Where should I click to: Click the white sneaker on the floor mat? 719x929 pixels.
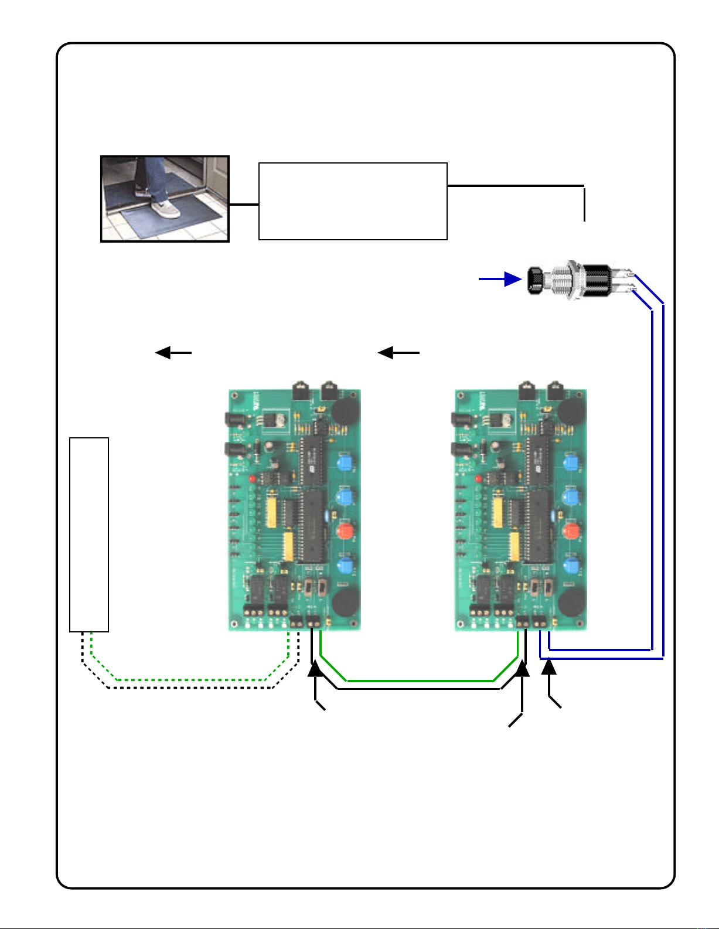166,208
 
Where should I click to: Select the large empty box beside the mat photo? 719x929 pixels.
353,201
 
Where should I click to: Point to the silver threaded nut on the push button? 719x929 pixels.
566,281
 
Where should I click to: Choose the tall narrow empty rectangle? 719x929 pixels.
89,534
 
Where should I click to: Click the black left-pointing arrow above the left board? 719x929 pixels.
173,353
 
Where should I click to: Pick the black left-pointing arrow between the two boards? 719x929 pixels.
398,353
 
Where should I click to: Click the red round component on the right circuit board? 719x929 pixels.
570,532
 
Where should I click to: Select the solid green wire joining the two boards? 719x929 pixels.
420,680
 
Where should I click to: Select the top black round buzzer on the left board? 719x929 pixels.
344,411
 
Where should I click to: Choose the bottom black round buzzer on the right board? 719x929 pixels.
571,602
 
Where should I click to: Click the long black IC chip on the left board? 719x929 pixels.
314,525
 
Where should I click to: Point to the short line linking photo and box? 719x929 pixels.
244,205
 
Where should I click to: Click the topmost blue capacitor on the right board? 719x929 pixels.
570,464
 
